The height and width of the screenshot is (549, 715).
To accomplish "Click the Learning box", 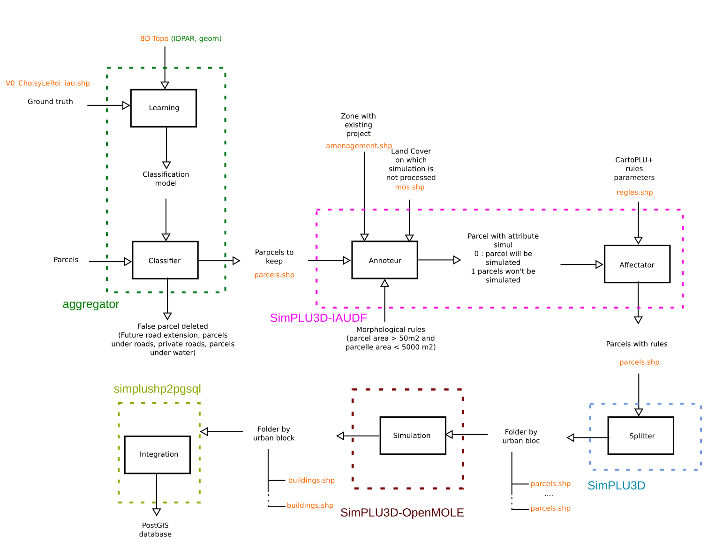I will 164,108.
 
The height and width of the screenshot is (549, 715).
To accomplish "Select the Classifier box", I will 165,260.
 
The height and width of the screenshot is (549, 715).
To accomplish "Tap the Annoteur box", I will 384,260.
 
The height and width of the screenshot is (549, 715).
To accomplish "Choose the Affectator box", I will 637,264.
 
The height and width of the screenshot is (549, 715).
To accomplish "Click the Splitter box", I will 640,436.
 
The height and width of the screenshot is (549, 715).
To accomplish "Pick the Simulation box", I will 412,436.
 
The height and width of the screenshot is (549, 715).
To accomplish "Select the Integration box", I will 158,454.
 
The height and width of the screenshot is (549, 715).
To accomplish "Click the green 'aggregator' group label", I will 91,304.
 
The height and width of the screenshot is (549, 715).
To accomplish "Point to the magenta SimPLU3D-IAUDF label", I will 318,318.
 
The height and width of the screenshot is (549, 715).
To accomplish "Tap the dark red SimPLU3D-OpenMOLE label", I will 402,512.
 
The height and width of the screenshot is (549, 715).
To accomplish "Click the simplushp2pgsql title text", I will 157,389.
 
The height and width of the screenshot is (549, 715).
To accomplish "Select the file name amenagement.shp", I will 359,146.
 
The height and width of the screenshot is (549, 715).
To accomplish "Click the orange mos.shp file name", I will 409,187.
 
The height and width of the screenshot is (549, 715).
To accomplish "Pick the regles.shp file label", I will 634,192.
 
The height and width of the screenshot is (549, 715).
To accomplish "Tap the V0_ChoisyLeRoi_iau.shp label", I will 47,83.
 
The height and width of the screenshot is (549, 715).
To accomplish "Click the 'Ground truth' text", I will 50,102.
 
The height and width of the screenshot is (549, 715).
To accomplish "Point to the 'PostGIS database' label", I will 155,530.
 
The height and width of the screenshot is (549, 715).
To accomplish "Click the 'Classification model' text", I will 166,179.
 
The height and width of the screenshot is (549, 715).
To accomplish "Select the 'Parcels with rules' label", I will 636,344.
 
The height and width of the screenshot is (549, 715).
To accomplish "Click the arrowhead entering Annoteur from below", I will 384,283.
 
